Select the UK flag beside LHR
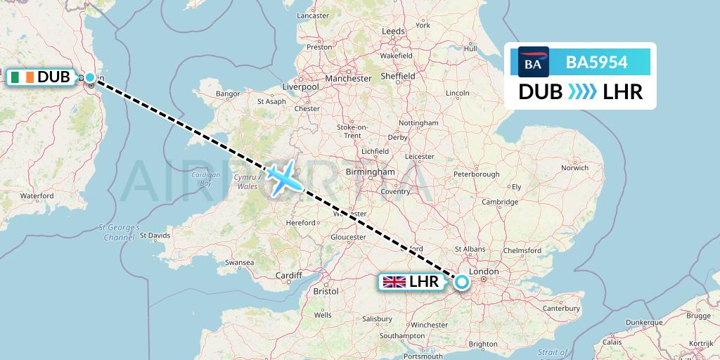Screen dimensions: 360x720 click(394, 282)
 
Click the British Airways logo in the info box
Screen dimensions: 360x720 click(533, 62)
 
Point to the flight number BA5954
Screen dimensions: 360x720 click(596, 62)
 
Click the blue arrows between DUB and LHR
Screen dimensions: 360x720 click(582, 92)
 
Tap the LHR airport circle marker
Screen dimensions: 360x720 click(461, 282)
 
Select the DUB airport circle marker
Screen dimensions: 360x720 click(89, 77)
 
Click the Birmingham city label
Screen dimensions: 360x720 click(369, 172)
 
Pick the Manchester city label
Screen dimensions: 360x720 click(348, 79)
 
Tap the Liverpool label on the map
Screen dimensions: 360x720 click(300, 86)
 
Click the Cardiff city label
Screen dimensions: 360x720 click(288, 275)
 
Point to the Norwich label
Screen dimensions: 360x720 click(574, 167)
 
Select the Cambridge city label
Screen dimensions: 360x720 click(500, 202)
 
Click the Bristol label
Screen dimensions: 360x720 click(326, 290)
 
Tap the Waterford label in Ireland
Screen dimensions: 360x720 click(37, 195)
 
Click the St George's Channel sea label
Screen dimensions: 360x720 click(119, 233)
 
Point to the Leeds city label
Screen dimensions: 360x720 click(392, 32)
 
